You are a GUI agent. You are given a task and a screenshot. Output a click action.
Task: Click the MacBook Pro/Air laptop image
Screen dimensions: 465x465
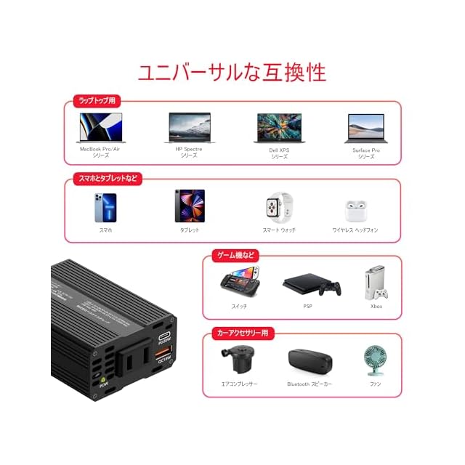102,128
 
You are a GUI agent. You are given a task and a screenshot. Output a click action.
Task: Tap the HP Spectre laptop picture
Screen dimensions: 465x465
190,128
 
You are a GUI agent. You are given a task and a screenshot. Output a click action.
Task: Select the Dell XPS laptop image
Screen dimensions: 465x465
279,128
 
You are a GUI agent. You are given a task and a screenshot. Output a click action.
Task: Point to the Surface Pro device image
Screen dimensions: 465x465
367,129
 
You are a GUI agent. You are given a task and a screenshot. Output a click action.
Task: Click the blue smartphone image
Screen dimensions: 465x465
105,207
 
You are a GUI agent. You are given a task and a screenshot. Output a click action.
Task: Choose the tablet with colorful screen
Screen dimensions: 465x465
190,206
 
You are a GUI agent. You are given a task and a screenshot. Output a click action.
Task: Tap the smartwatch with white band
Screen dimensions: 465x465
279,207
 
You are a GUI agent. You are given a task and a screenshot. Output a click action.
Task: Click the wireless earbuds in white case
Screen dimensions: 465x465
356,211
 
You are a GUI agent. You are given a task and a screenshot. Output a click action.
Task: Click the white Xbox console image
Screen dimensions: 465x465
376,283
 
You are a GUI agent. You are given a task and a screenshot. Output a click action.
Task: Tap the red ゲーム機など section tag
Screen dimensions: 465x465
233,256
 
